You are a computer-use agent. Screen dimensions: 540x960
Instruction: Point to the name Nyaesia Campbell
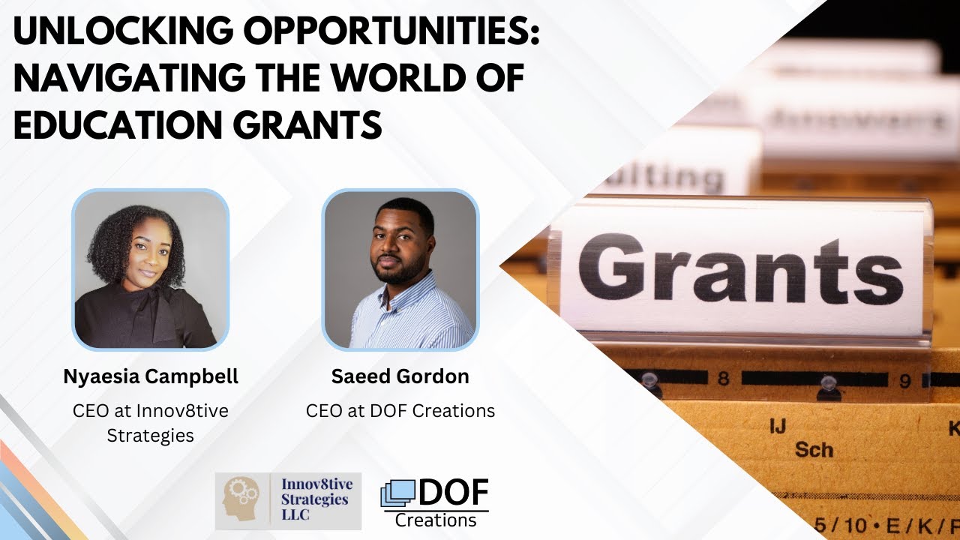click(151, 376)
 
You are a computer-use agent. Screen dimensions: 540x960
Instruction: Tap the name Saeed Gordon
click(400, 376)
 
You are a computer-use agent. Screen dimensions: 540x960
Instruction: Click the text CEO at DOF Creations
click(400, 411)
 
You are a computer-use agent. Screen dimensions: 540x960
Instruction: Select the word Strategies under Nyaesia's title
click(151, 435)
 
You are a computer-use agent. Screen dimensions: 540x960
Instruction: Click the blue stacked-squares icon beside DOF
click(397, 495)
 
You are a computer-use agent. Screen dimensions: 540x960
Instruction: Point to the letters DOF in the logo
click(452, 493)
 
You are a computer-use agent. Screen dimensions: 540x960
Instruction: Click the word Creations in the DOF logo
click(436, 520)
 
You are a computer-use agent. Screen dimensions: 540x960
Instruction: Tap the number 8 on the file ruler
click(723, 379)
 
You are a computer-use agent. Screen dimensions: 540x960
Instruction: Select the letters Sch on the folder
click(814, 450)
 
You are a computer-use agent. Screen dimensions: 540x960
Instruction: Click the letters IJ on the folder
click(778, 427)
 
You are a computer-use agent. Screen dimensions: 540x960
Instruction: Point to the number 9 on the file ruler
click(905, 381)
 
